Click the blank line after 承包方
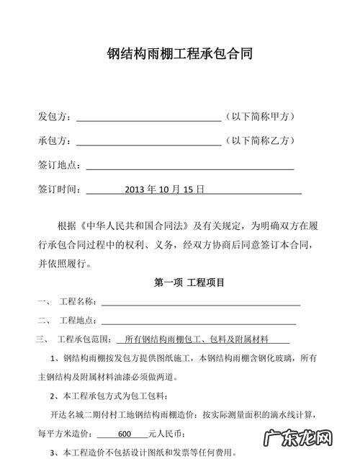[x=148, y=143]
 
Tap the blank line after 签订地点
[x=189, y=167]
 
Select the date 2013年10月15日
[x=165, y=190]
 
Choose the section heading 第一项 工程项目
[x=189, y=282]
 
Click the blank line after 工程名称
[x=199, y=303]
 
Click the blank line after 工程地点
[x=199, y=322]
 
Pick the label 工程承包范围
[x=83, y=339]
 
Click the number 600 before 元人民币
[x=123, y=435]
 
